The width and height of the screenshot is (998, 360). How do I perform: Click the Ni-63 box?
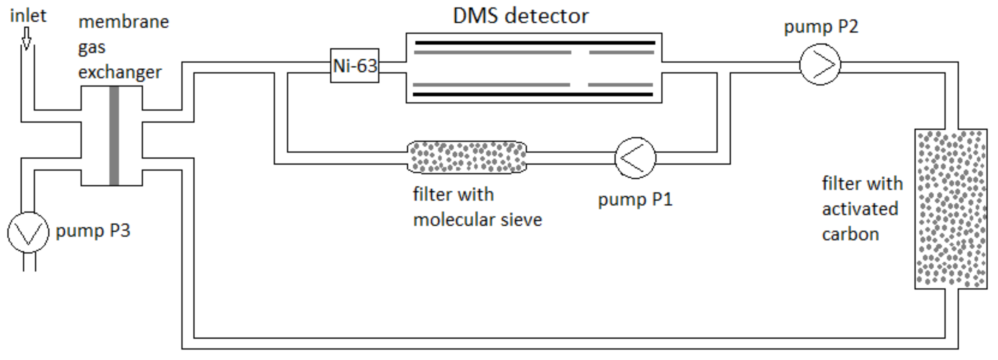(355, 65)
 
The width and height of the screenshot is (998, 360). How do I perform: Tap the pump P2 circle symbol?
(820, 64)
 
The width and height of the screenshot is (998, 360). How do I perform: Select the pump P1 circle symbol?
(635, 158)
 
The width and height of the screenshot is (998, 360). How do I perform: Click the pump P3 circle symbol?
(28, 233)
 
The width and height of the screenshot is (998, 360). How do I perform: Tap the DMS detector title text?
(520, 16)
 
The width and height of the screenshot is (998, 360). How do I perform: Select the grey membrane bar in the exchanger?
(114, 136)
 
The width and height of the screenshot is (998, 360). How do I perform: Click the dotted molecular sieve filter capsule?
(467, 157)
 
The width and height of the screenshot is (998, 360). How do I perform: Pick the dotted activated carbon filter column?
(951, 209)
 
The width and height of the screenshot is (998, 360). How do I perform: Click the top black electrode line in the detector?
(535, 43)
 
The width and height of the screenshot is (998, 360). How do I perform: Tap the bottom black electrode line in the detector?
(533, 94)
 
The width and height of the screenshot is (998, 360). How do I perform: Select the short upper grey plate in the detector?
(621, 52)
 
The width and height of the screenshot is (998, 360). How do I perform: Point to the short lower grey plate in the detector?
(620, 84)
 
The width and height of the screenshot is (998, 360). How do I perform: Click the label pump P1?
(635, 200)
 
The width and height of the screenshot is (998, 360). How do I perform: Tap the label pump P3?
(93, 231)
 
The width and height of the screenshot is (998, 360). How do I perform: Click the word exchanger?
(120, 73)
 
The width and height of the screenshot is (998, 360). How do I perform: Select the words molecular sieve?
(477, 220)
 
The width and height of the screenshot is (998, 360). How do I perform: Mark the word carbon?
(850, 235)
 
